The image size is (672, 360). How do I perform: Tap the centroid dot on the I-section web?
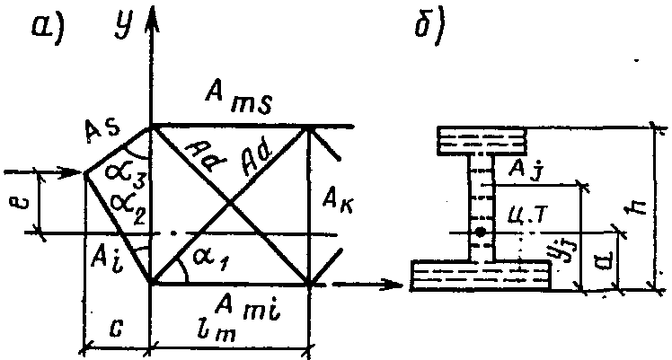(x=482, y=233)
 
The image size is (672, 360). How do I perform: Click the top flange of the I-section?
(x=481, y=140)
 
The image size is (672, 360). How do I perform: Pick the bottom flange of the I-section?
(x=481, y=274)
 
